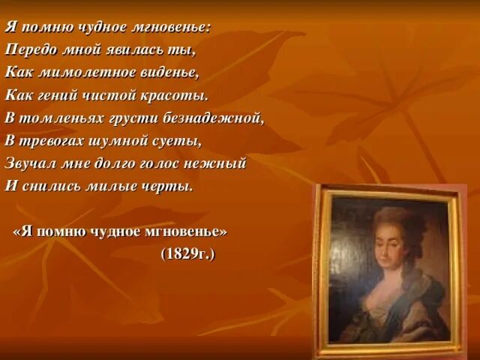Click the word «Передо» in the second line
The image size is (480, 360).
click(x=28, y=49)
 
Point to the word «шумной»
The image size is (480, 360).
click(x=122, y=140)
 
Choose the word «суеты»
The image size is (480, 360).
click(x=182, y=140)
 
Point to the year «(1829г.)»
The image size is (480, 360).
click(x=187, y=254)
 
